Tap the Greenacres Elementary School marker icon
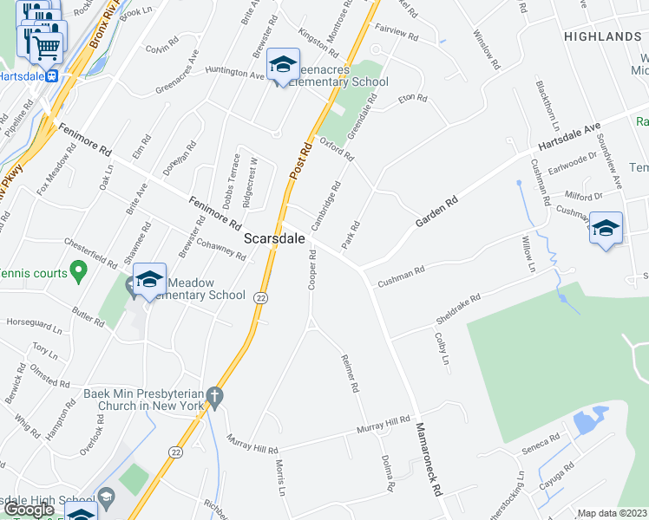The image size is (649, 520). coord(283,66)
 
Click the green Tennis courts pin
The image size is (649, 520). coord(77,274)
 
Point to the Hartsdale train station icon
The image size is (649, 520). coord(53,75)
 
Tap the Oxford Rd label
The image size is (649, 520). coord(337,149)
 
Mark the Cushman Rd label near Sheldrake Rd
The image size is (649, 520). coord(400,276)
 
